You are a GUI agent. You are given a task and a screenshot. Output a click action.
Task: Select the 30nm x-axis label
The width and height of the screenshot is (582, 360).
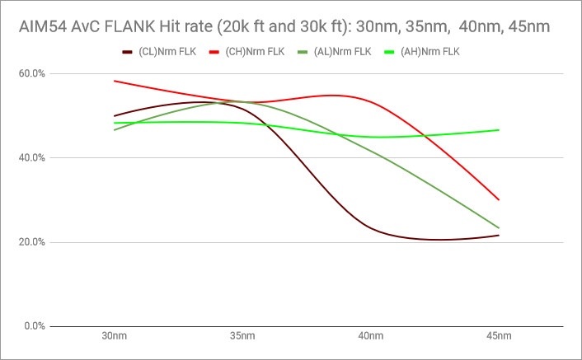click(x=114, y=336)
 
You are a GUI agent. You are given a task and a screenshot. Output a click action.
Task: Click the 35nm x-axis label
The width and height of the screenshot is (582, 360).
click(x=242, y=336)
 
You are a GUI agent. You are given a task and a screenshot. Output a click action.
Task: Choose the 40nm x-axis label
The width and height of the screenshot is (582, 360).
click(x=371, y=336)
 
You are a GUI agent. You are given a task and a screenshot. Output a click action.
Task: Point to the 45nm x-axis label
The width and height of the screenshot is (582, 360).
click(x=499, y=336)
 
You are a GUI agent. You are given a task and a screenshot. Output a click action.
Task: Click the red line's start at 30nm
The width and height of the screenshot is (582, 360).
click(x=114, y=81)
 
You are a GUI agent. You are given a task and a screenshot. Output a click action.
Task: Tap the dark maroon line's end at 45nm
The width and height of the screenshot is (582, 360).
click(x=499, y=236)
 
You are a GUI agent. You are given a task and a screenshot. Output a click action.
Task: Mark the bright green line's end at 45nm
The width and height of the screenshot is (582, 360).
click(x=499, y=130)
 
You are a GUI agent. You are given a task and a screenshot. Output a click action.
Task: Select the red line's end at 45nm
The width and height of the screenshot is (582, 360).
click(x=499, y=200)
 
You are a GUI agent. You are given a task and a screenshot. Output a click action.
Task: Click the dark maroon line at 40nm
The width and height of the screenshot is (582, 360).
click(x=371, y=227)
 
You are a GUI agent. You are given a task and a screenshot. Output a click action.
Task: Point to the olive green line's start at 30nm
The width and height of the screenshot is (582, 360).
click(x=114, y=130)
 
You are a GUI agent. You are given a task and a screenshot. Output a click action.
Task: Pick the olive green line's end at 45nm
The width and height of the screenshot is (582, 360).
click(x=499, y=228)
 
